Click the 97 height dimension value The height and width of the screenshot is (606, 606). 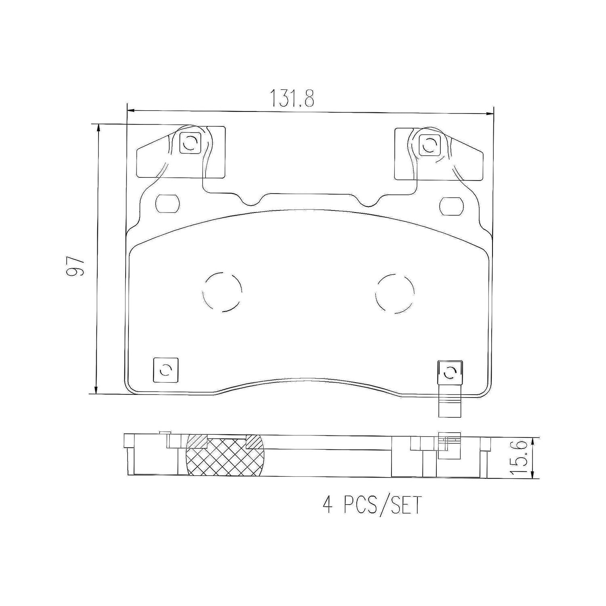click(x=76, y=265)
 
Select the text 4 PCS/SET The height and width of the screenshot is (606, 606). click(x=372, y=505)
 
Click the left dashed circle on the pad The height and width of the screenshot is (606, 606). click(x=223, y=292)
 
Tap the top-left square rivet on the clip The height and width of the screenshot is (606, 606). click(x=189, y=142)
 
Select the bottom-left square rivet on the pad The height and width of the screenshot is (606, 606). click(x=166, y=370)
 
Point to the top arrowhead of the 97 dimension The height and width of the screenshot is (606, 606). click(x=97, y=128)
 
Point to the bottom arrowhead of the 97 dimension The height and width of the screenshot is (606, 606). click(x=96, y=390)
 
